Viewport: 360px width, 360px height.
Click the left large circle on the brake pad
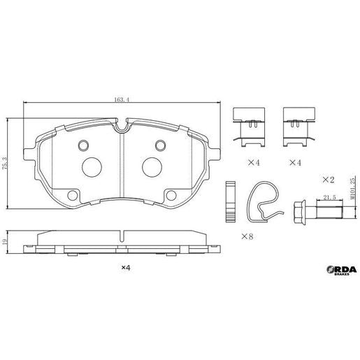tap(91, 167)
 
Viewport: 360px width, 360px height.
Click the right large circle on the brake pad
tap(152, 167)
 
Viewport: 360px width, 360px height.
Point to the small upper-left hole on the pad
tap(83, 145)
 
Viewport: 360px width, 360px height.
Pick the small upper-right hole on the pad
tap(160, 145)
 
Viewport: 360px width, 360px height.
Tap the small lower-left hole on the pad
tap(71, 194)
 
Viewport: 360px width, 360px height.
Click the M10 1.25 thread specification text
tap(352, 208)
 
